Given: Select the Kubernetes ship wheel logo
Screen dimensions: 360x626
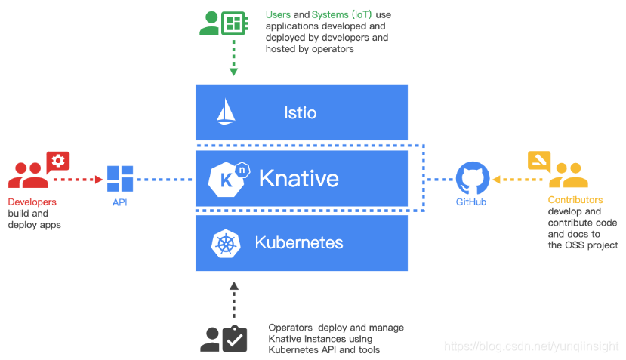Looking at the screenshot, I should (226, 243).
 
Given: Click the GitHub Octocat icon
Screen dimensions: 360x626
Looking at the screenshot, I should (470, 179).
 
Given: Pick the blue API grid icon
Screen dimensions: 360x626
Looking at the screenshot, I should (120, 179).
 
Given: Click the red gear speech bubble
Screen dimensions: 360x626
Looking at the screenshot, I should (58, 162).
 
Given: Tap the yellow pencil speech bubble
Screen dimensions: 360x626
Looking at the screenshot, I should (538, 161).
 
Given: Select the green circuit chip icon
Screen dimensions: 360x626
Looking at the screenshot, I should (233, 23).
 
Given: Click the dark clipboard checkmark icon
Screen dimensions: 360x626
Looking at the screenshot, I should (235, 340).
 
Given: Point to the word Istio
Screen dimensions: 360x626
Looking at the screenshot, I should (300, 113).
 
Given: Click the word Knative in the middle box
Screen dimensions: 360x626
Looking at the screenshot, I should (298, 179).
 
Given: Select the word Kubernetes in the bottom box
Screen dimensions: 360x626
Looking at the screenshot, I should (299, 243).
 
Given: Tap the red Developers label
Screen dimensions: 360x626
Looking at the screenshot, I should (32, 202).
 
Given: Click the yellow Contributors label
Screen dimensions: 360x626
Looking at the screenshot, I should (575, 200).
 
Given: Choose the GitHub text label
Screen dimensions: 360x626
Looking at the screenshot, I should (470, 202).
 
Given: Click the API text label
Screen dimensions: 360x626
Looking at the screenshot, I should (120, 202).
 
